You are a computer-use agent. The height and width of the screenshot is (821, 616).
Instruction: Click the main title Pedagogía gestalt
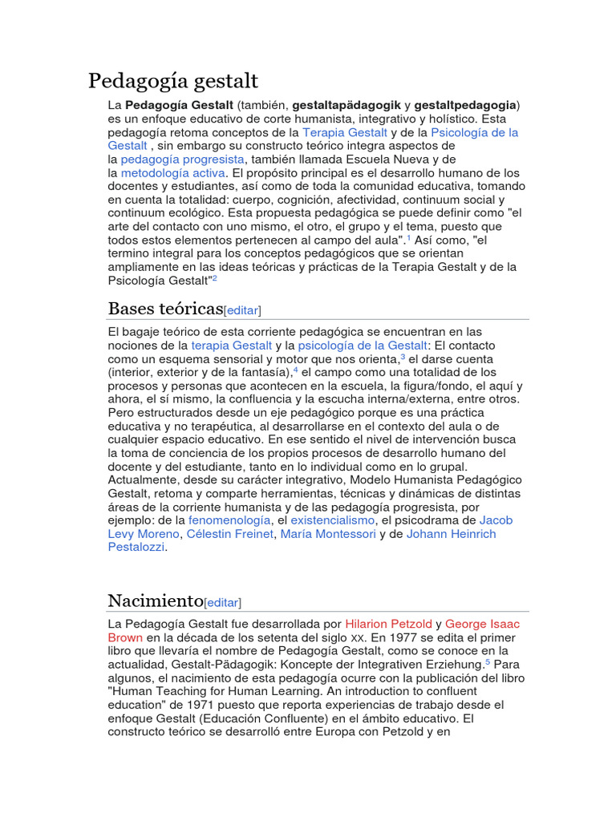[x=173, y=81]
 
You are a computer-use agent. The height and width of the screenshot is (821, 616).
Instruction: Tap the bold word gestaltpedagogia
[x=465, y=105]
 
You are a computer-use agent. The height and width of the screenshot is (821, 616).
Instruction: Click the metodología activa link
[x=173, y=172]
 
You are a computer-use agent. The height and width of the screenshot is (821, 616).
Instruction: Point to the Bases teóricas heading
[x=164, y=309]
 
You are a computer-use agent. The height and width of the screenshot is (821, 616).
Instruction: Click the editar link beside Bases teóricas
[x=242, y=310]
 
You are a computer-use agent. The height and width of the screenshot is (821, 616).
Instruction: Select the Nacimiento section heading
[x=156, y=601]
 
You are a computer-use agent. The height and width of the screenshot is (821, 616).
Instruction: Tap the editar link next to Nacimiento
[x=223, y=602]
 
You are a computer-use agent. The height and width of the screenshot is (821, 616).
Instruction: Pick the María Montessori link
[x=328, y=534]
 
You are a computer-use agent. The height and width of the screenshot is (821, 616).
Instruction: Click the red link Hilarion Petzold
[x=388, y=623]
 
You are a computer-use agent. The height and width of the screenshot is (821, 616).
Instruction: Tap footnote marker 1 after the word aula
[x=407, y=238]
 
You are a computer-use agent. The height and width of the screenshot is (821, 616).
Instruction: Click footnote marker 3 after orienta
[x=403, y=357]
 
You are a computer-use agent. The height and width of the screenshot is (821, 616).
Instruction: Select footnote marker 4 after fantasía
[x=295, y=370]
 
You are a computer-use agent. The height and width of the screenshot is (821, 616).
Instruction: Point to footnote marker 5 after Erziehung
[x=487, y=662]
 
